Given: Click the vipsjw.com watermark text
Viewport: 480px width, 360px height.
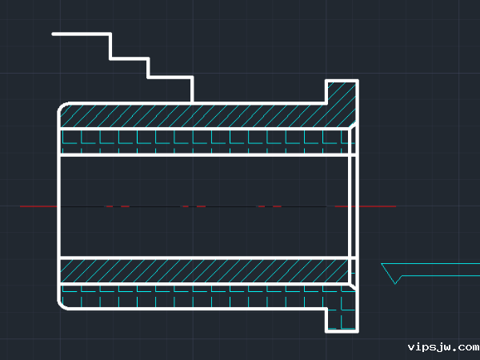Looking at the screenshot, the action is tap(443, 347).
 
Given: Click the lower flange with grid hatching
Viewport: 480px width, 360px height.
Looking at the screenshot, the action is tap(342, 319).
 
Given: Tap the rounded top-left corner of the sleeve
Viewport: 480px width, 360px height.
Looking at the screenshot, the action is tap(62, 107).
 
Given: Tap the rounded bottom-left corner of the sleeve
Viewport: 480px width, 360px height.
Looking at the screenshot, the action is tap(62, 305).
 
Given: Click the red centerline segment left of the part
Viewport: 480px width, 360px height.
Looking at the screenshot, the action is tap(38, 206).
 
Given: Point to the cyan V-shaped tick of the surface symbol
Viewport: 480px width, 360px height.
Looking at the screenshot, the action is tap(391, 274).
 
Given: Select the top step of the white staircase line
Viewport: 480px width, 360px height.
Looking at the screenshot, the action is tap(82, 34).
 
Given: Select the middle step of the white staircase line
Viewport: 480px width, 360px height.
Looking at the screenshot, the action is tap(130, 58).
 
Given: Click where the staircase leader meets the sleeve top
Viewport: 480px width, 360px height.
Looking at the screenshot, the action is tap(192, 102).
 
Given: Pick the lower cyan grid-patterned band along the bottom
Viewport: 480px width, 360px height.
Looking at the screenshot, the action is tap(193, 296).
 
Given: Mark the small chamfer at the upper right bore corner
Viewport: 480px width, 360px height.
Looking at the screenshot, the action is tap(352, 126).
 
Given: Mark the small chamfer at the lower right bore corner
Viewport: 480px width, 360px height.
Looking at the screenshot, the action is tap(352, 286).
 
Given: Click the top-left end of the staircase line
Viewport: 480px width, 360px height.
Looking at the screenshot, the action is tap(54, 34).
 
